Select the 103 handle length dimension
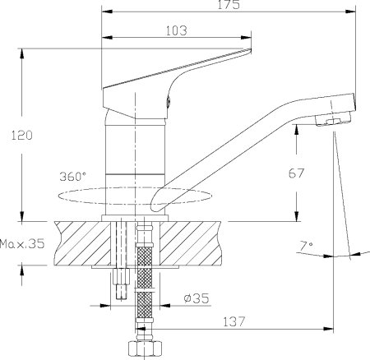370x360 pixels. tap(175, 30)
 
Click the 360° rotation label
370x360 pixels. tap(72, 177)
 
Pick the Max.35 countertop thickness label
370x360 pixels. tap(22, 244)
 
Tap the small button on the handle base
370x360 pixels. tap(169, 103)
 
